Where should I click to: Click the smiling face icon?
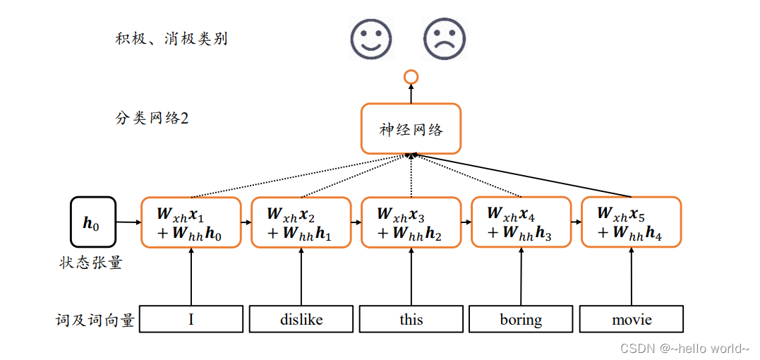point(371,38)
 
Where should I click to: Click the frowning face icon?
point(444,38)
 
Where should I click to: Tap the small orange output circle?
point(411,76)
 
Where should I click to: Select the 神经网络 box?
point(411,129)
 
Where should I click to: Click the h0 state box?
point(92,222)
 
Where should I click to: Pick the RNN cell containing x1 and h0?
point(191,222)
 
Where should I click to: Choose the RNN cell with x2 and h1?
point(301,222)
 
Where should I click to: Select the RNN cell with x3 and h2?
point(411,222)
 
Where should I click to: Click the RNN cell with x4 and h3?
point(521,222)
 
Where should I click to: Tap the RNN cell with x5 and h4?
point(632,222)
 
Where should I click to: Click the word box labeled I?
point(191,319)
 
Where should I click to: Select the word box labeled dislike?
point(301,319)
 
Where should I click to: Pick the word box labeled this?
point(411,319)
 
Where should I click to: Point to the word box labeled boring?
point(521,319)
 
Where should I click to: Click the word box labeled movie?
point(632,319)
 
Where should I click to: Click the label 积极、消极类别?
point(171,39)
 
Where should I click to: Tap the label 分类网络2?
point(152,118)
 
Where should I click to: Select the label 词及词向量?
point(95,320)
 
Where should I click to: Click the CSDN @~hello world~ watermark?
point(684,349)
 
